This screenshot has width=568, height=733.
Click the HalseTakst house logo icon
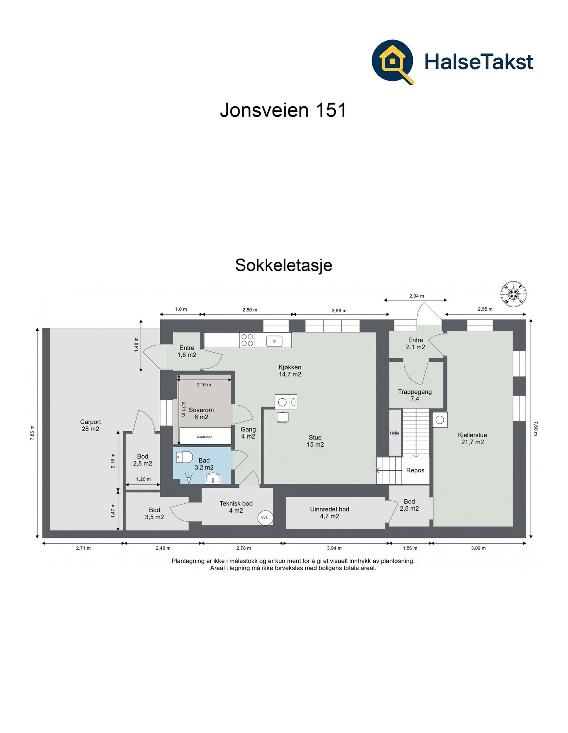point(392,61)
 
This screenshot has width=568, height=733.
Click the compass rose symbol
point(513,293)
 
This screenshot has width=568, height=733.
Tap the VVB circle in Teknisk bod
point(264,518)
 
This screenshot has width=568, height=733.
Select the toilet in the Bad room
point(184,457)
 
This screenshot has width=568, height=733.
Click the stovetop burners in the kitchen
point(247,340)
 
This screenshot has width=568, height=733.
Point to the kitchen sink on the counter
point(274,340)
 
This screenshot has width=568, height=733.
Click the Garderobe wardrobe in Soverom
point(205,437)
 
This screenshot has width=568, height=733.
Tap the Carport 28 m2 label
point(90,425)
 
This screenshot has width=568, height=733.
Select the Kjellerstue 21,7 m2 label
point(472,438)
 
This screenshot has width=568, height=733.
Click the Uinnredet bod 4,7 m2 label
point(329,512)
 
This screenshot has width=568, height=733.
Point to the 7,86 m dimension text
point(32,432)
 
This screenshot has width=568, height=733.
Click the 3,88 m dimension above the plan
point(339,310)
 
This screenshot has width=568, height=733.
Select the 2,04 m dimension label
point(416,296)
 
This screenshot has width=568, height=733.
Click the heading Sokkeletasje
point(284,265)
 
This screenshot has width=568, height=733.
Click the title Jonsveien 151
point(283,110)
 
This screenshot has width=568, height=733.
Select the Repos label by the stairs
point(415,470)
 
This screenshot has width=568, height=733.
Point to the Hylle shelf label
point(394,433)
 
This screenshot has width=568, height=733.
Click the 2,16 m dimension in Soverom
point(204,384)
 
